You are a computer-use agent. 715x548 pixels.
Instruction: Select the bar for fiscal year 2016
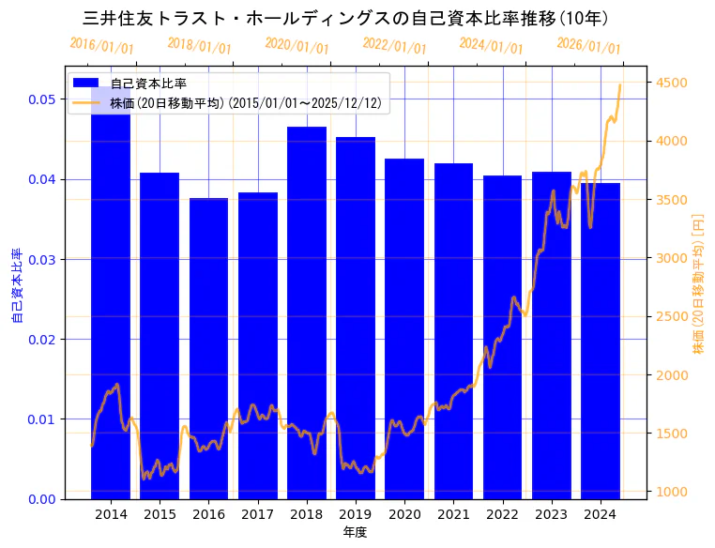[208, 348]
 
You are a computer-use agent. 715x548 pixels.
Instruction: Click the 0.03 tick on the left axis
[40, 259]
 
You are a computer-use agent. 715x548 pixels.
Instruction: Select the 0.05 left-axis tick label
[40, 99]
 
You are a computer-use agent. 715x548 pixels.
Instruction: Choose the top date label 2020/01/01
[297, 45]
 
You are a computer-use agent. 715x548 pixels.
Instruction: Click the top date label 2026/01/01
[588, 45]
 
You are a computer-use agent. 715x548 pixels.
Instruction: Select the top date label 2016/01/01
[102, 45]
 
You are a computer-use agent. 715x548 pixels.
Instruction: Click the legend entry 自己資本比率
[148, 84]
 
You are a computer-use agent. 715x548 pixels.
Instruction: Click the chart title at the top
[346, 18]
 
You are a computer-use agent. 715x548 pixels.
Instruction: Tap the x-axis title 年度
[355, 532]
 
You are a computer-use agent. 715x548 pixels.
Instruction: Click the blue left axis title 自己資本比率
[17, 285]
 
